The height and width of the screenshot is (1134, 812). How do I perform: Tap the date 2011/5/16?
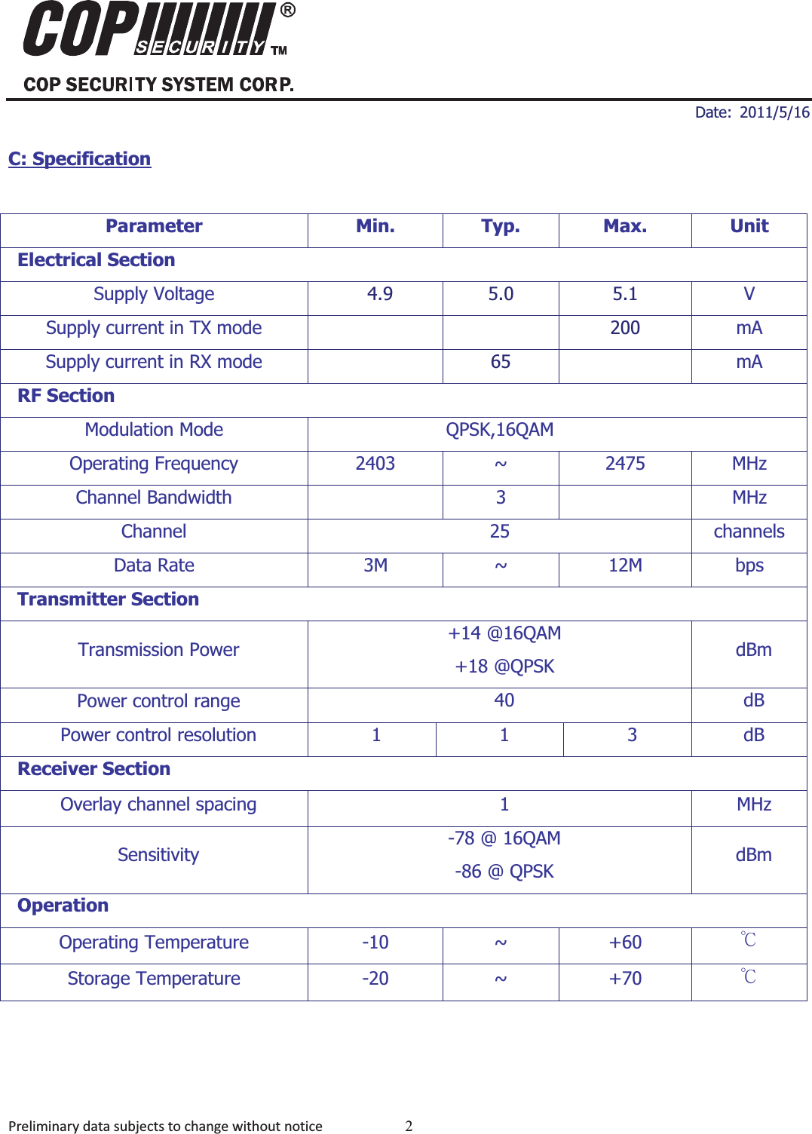[774, 112]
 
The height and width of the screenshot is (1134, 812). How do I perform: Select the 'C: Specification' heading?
[79, 159]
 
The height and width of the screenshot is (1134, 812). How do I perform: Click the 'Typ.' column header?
[501, 226]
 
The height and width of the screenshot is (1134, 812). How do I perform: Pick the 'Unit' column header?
[749, 226]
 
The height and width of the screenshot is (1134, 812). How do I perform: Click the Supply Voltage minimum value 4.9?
[379, 294]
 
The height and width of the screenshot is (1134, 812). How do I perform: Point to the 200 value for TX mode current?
[625, 328]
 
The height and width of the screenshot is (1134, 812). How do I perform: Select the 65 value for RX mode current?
[501, 362]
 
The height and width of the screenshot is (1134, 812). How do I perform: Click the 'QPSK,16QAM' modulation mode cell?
[499, 430]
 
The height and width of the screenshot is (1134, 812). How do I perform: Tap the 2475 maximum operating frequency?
[625, 464]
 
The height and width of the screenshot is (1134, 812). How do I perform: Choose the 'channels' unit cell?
[749, 532]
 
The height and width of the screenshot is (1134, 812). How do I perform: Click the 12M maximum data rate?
[625, 565]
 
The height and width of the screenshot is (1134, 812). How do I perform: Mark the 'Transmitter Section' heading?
[108, 599]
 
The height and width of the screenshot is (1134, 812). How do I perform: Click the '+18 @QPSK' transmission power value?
[504, 667]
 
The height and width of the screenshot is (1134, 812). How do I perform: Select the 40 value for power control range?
[504, 700]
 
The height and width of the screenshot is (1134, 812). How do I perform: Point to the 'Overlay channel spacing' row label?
[158, 805]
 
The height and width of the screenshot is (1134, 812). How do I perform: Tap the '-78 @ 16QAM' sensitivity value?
[504, 838]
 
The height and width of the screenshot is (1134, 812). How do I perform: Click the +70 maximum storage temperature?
[625, 979]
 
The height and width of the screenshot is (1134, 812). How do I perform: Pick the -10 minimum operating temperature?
[375, 942]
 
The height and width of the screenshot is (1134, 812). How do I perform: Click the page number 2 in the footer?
[409, 1126]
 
